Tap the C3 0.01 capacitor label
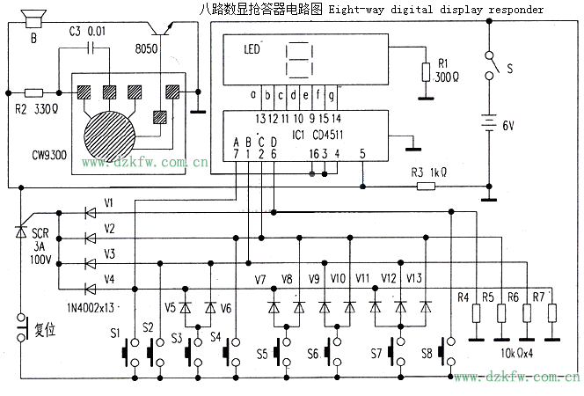(86, 33)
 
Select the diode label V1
(109, 202)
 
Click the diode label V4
(109, 279)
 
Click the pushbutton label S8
(427, 353)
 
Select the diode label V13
(416, 279)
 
